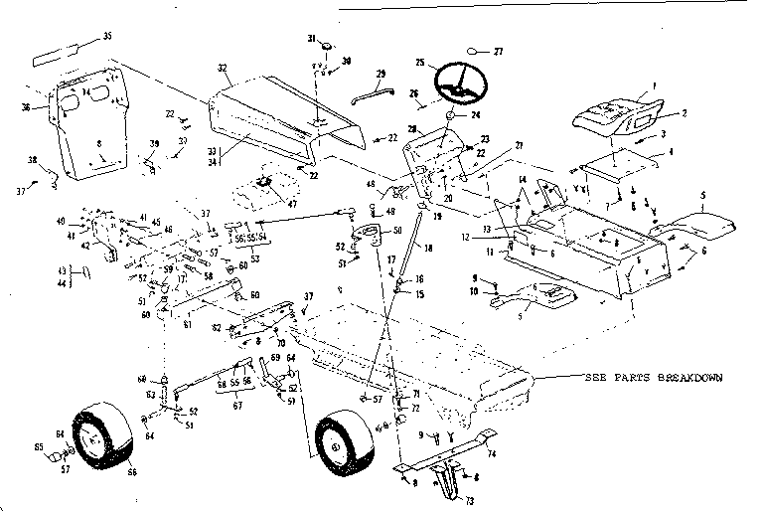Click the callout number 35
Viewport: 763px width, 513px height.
click(x=107, y=38)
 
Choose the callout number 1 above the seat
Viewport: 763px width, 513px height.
click(x=656, y=87)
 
